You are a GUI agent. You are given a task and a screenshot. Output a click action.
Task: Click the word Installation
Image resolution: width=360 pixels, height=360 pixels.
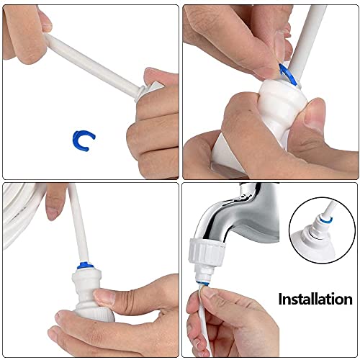coord(315,298)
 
